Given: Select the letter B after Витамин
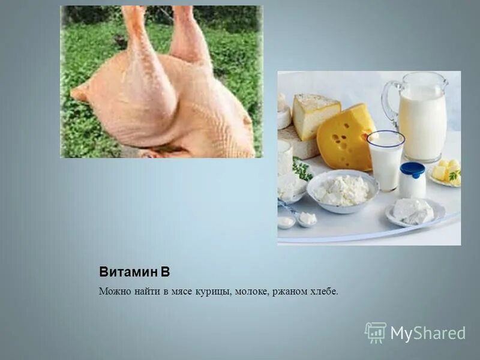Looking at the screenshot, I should tap(166, 272).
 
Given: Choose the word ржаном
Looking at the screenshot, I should tap(289, 292).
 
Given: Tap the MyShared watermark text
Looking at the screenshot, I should tap(428, 333).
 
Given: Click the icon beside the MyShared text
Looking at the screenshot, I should tap(376, 332).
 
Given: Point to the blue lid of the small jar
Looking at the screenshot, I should tap(412, 169).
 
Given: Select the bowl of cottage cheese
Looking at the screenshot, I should tap(342, 191).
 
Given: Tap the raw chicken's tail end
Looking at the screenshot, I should tap(80, 94).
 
